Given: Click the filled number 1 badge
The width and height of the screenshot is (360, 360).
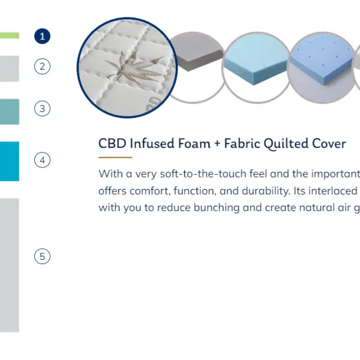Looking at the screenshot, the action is [x=42, y=36].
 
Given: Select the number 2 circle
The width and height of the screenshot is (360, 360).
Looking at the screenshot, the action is [x=42, y=67].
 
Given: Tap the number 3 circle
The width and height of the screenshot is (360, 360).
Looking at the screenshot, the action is [x=42, y=109].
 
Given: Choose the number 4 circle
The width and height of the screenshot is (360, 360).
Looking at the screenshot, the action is [x=42, y=160].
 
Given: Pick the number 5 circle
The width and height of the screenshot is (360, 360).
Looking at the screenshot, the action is [x=42, y=256].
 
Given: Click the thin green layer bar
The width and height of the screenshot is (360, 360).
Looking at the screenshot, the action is [x=10, y=35].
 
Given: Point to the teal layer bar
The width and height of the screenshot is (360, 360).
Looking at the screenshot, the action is [x=10, y=112].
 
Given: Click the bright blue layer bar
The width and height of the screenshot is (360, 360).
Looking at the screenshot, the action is [x=10, y=161].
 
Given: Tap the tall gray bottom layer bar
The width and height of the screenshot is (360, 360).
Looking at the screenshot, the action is [x=10, y=265].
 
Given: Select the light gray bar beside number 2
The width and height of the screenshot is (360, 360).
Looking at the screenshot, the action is [x=10, y=68].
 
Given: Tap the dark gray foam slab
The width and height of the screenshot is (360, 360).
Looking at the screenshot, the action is [x=197, y=55].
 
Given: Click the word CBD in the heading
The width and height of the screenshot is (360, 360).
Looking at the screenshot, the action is [x=112, y=143].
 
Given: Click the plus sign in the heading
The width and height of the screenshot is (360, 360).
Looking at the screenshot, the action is [x=217, y=144].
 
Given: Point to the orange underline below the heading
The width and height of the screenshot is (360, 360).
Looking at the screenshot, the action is [x=115, y=157].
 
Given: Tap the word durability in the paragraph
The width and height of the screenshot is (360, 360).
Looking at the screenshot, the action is [x=266, y=191].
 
